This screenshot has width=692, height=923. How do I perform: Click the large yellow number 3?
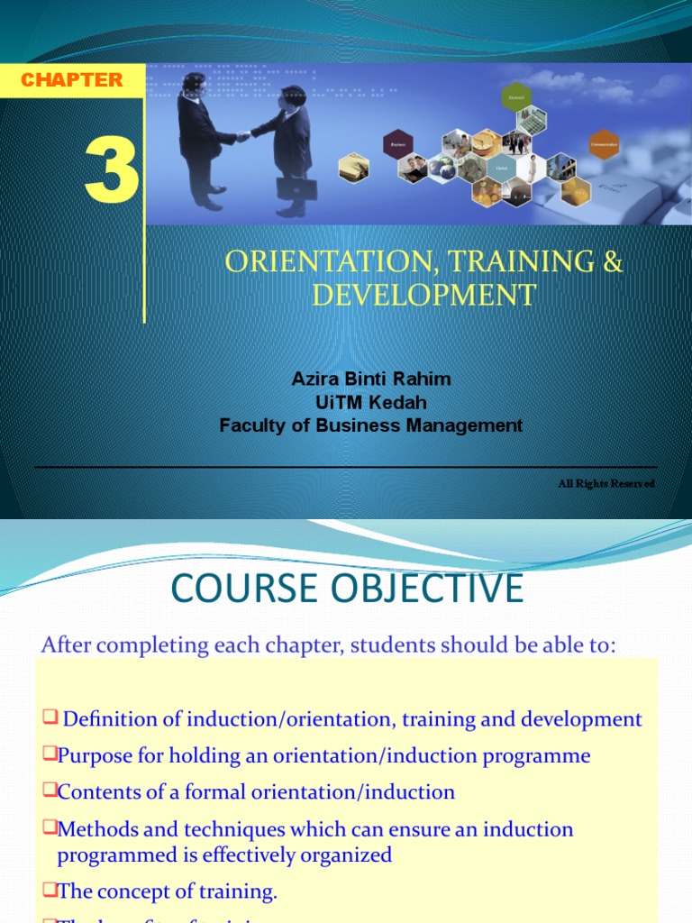coord(112,172)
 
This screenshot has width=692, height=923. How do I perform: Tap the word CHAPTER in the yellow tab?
coord(71,79)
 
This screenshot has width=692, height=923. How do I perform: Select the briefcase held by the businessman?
coord(296,188)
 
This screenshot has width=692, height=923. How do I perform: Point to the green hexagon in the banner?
coord(516,96)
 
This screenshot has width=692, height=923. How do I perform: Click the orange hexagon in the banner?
coord(604,144)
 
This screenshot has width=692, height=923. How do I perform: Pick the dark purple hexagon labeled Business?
coord(397,144)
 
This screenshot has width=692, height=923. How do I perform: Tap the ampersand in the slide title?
coord(613,262)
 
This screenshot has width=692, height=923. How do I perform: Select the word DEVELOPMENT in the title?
coord(423,295)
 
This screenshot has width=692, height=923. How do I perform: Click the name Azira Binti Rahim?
coord(371,379)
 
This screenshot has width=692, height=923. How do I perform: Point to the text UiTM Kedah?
coord(371,402)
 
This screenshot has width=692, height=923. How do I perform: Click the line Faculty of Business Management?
coord(371,425)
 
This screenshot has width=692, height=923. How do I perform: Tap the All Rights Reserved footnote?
coord(605,484)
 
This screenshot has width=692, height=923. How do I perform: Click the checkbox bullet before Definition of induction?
coord(50,717)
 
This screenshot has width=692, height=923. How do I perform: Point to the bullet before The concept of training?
coord(50,891)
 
